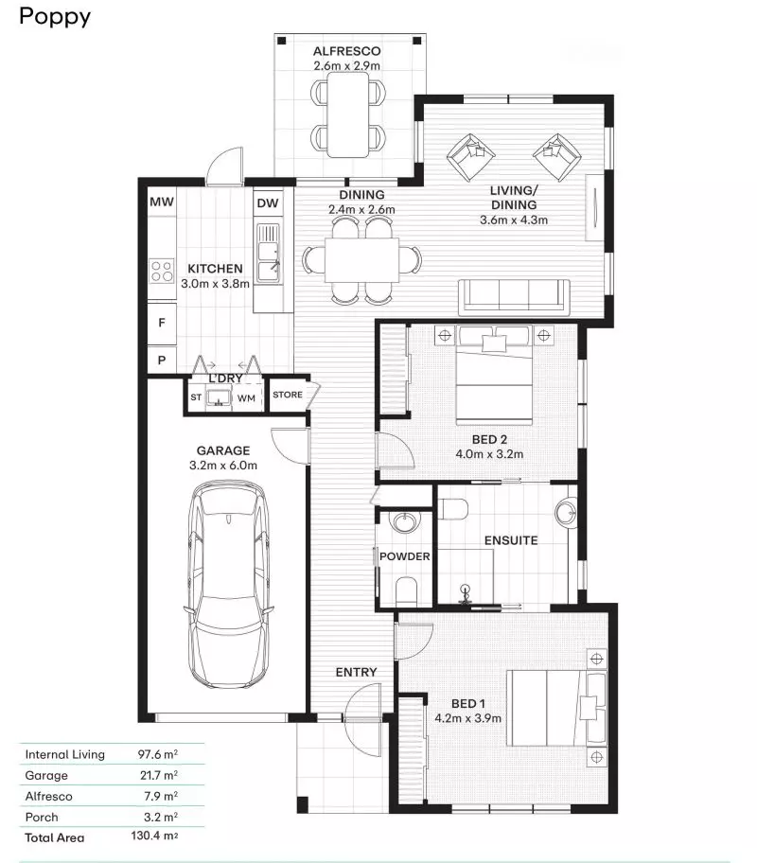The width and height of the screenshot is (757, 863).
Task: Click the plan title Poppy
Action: click(55, 17)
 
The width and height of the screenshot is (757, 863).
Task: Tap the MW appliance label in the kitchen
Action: click(161, 203)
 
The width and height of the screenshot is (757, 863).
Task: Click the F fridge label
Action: click(162, 323)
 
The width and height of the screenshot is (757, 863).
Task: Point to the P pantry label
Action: click(162, 360)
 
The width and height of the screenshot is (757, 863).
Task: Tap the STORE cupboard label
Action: click(288, 396)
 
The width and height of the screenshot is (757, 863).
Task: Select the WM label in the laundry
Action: click(246, 398)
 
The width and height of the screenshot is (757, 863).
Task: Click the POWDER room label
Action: click(405, 556)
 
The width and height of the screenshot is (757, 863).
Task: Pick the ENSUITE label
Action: click(511, 540)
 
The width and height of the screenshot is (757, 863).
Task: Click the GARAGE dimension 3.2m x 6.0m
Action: click(223, 465)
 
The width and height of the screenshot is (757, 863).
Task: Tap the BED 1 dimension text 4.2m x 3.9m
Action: click(468, 717)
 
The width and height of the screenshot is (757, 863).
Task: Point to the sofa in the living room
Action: click(515, 296)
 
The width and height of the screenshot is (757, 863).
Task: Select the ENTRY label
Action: click(357, 672)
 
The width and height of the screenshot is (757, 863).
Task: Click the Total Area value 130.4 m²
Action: click(155, 837)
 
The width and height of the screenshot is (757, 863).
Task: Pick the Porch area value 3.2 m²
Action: click(159, 817)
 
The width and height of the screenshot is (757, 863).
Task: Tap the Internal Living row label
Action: click(65, 754)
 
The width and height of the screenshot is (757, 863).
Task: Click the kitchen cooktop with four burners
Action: click(162, 272)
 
